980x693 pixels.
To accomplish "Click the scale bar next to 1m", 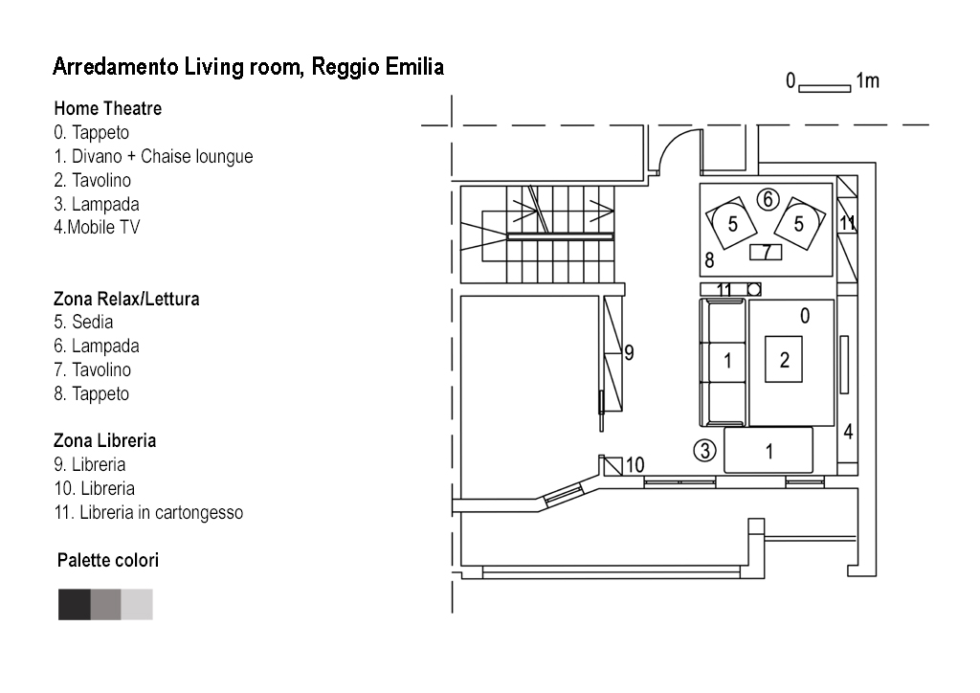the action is coord(824,89).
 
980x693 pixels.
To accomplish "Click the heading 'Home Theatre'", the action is coord(107,109).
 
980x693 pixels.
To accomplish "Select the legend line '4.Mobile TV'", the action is coord(97,228).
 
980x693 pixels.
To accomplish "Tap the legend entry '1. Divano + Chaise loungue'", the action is coord(153,156).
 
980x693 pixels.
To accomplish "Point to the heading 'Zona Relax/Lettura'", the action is coord(126,299).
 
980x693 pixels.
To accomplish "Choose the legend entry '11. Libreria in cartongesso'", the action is coord(148,512).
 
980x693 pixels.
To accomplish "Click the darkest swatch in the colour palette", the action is coord(75,604).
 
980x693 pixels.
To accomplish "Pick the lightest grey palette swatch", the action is coord(137,604).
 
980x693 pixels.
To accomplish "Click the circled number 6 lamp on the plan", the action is coord(767,199).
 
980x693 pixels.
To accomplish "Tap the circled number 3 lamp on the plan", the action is coord(705,450).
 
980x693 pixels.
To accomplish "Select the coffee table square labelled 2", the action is coord(785,360).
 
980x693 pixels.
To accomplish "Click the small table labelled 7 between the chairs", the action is coord(767,252).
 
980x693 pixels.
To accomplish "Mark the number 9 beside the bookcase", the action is coord(629,352).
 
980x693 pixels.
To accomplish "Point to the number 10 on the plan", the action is coord(635,466).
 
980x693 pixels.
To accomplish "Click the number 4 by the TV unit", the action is coord(848,432).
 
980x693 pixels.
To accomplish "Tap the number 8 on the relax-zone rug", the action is coord(709,259).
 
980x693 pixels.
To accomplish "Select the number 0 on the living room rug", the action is coord(805,315).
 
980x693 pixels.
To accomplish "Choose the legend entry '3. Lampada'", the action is coord(97,204).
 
